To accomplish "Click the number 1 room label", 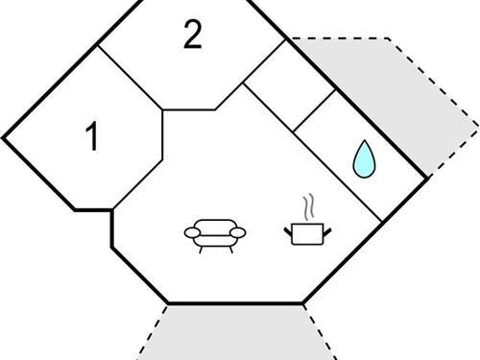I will [92, 137].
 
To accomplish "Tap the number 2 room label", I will [193, 36].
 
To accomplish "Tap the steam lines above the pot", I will [306, 207].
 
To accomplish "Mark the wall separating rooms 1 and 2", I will [129, 75].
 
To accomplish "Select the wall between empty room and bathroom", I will [314, 111].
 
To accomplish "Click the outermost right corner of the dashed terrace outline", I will [476, 125].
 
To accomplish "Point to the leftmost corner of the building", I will [3, 137].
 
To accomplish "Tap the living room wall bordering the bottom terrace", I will [235, 304].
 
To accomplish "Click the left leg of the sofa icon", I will [201, 248].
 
